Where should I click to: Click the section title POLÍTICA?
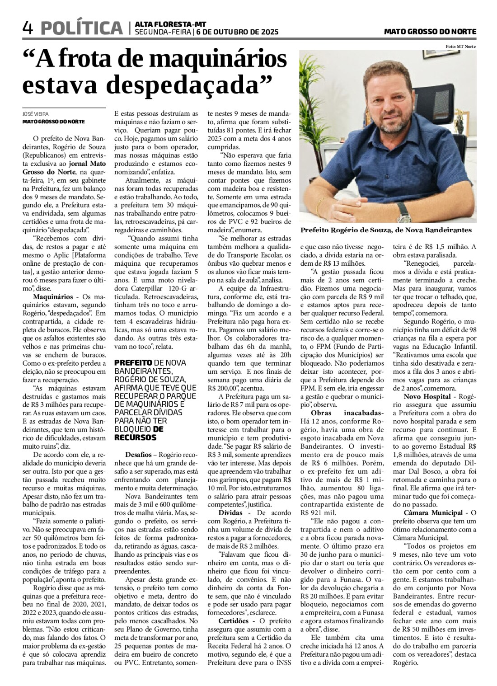(81, 28)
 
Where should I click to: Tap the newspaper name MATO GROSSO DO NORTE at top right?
(430, 32)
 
